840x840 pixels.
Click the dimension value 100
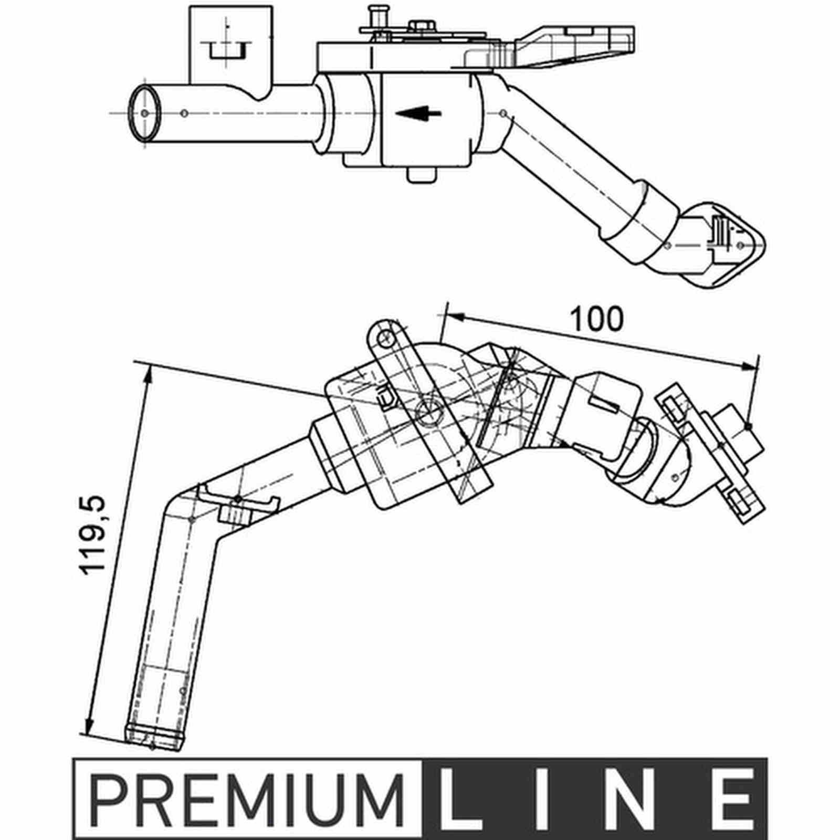(597, 319)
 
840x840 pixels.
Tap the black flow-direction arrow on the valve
(418, 113)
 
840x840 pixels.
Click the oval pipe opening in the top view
(145, 113)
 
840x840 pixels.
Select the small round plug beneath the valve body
(422, 174)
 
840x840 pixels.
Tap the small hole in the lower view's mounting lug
(386, 337)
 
